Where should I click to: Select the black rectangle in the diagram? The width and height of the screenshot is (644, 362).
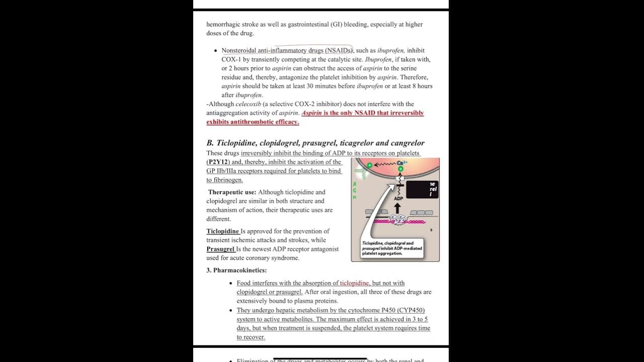pos(422,190)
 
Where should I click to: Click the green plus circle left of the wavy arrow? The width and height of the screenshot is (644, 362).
pos(370,165)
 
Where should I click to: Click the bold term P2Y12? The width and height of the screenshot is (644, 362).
pos(217,162)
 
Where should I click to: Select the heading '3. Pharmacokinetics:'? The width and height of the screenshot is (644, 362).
pos(236,270)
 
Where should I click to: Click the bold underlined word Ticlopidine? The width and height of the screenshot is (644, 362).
pos(222,231)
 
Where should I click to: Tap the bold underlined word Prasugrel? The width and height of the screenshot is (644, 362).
pos(220,249)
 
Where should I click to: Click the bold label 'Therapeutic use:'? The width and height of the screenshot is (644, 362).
pos(232,192)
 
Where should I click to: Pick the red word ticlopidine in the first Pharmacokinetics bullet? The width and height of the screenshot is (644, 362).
pos(354,283)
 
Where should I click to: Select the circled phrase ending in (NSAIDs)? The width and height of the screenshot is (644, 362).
pos(287,50)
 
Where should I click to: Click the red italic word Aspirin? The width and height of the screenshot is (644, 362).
pos(311,113)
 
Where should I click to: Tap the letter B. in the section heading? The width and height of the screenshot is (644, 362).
pos(210,143)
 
